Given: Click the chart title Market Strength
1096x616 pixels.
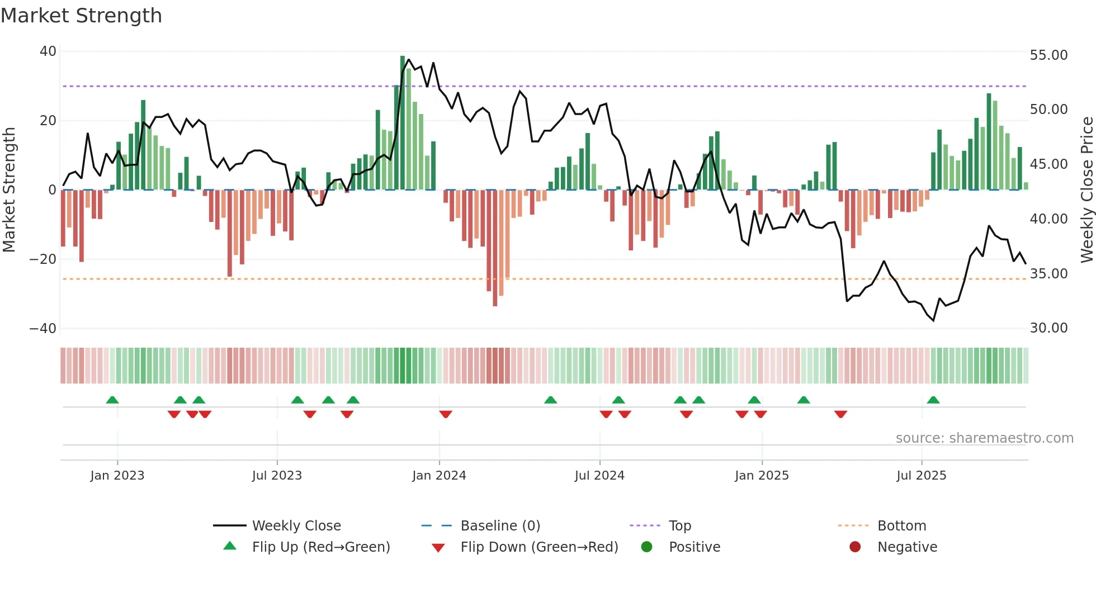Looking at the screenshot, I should (81, 16).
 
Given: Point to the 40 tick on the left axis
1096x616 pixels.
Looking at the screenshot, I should (48, 51).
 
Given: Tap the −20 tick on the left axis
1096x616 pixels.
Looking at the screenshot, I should (43, 259).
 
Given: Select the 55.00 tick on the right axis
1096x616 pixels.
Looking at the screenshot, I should (1048, 55).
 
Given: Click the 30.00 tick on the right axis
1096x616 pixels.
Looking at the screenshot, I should (1048, 328).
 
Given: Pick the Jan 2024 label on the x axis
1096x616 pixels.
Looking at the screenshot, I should (439, 476).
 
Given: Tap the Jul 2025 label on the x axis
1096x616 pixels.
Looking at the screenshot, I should (921, 476).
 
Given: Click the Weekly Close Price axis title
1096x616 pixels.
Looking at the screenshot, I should (1086, 190).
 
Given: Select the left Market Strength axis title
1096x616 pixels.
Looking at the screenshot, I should (10, 190).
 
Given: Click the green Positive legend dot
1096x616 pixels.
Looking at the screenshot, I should (647, 547).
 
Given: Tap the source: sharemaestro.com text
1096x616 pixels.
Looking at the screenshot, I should (984, 438).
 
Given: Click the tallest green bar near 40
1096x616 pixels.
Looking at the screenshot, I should (403, 123).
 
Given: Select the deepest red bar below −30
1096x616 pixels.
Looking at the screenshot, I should (495, 249).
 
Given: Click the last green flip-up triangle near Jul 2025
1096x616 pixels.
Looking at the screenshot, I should (933, 400).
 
